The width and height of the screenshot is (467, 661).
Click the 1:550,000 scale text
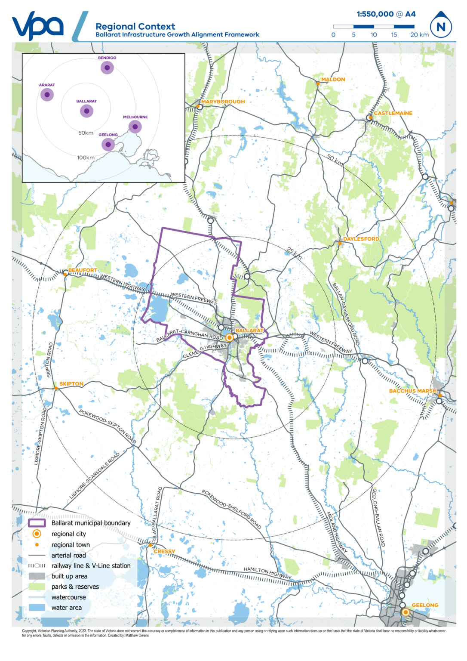(375, 14)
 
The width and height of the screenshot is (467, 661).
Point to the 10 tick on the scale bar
(374, 34)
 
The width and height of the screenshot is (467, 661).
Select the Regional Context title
(135, 26)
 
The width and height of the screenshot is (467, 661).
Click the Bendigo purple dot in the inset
(107, 68)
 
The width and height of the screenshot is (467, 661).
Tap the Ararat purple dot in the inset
(47, 95)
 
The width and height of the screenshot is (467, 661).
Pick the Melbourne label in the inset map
(135, 117)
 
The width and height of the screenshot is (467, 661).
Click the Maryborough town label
(223, 102)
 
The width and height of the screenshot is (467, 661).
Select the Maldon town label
(333, 80)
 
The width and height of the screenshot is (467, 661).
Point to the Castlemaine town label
(393, 113)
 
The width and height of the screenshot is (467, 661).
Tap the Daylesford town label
(361, 239)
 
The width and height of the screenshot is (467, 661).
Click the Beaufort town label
(83, 270)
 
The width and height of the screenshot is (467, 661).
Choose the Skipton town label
(71, 384)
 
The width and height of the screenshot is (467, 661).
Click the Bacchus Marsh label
(413, 391)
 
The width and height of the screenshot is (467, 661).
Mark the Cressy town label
(164, 551)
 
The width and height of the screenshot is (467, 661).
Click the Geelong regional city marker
(405, 612)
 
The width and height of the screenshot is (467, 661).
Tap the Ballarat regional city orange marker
(230, 337)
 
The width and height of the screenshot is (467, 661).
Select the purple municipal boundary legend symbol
(37, 523)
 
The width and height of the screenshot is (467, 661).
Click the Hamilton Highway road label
(267, 573)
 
